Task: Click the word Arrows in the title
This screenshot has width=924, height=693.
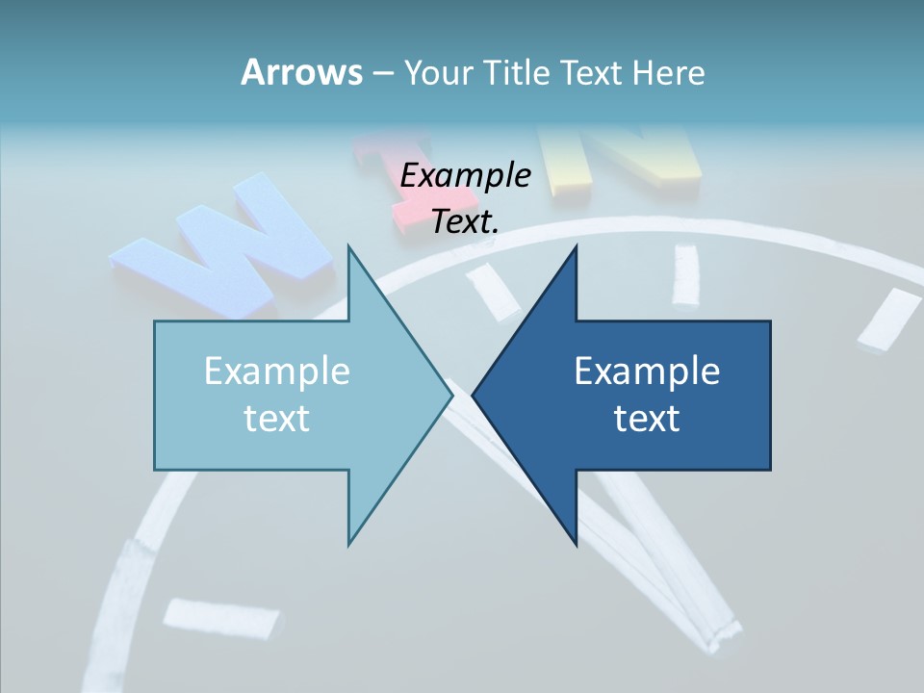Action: (300, 72)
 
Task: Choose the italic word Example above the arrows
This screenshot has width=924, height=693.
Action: (465, 175)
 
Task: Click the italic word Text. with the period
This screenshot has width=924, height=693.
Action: (465, 221)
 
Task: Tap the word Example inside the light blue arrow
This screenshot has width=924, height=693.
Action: (276, 371)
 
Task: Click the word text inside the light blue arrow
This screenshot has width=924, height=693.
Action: (276, 419)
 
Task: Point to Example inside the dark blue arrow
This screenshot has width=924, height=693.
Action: (647, 371)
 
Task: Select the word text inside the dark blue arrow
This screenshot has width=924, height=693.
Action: (647, 419)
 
